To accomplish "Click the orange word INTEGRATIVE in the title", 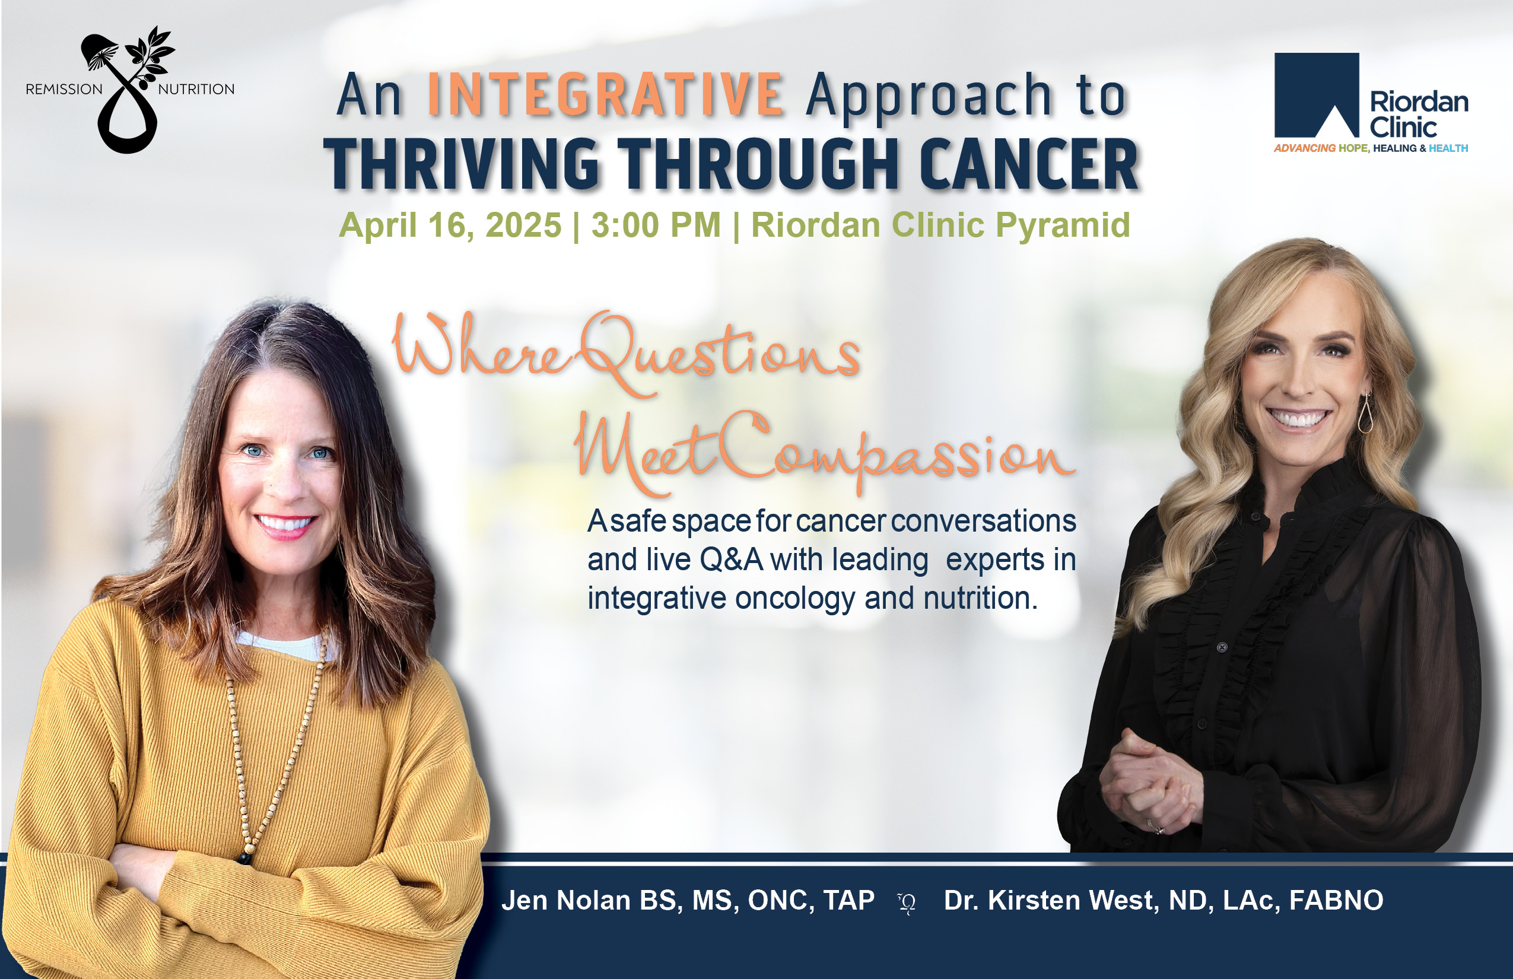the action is point(605,95).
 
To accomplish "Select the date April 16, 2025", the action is point(450,225).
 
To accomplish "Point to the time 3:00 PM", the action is point(656,225).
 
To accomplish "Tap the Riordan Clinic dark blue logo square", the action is point(1317,96).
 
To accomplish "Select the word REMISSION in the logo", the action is point(63,89).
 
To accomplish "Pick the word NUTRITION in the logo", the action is point(196,89).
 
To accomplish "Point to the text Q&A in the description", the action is point(731,560).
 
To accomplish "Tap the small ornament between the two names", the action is point(907,902).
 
